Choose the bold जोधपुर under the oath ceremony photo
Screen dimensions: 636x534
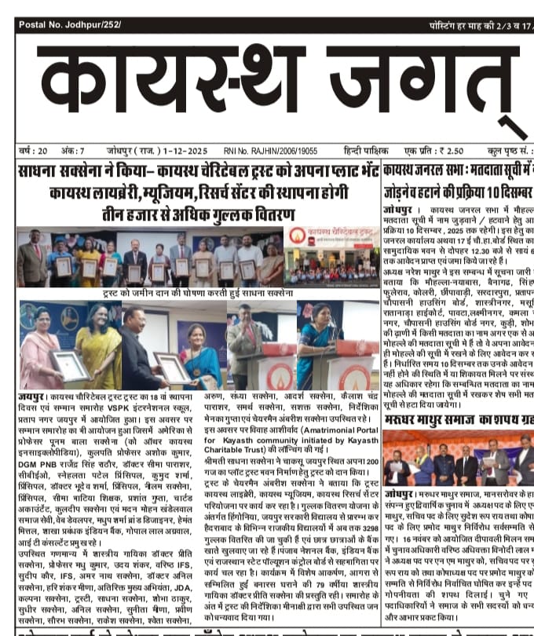(400, 492)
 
